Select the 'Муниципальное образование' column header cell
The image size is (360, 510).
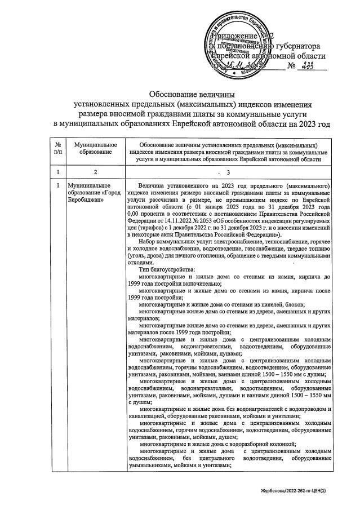[91, 148]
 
